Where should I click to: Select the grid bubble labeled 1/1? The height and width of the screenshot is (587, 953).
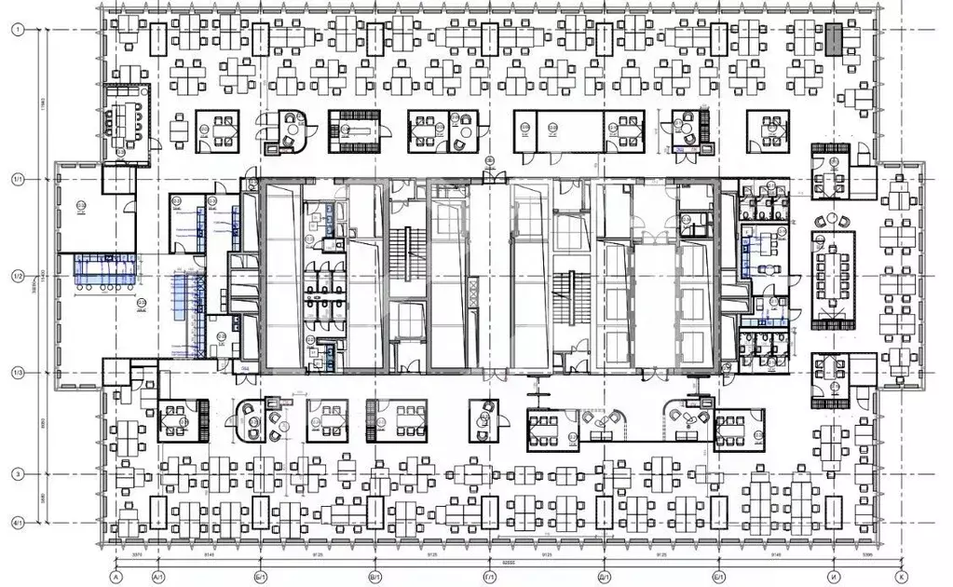[x=17, y=179]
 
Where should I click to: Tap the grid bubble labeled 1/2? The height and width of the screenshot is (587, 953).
[x=17, y=277]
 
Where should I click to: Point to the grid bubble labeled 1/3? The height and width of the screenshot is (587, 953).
[x=17, y=374]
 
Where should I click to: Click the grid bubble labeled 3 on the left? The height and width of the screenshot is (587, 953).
[x=17, y=474]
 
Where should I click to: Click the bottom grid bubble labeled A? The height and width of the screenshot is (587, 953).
[x=116, y=578]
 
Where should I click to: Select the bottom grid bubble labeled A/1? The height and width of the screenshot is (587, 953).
[x=157, y=578]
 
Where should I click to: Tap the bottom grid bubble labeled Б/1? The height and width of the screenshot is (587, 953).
[x=258, y=578]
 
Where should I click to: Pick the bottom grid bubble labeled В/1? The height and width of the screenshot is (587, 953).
[x=374, y=578]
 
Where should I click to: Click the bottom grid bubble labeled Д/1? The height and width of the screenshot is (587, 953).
[x=605, y=578]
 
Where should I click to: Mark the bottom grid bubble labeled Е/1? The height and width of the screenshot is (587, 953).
[x=718, y=578]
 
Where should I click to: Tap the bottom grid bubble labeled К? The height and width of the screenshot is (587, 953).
[x=900, y=578]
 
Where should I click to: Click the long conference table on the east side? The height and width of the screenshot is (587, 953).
[x=832, y=278]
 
